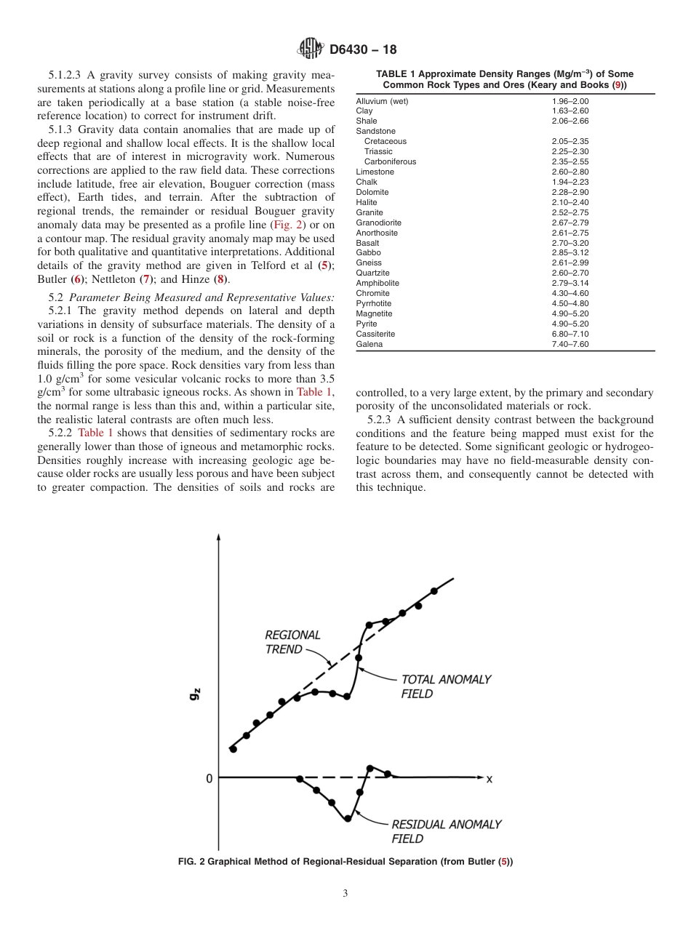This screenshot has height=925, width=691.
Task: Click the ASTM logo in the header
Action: [311, 49]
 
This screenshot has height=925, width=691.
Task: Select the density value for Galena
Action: [570, 344]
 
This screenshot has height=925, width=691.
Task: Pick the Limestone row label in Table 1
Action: [375, 172]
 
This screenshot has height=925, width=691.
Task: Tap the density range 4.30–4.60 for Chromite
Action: [570, 293]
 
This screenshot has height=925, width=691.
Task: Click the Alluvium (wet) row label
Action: [382, 101]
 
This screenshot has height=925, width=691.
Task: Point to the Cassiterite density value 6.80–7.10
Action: [570, 334]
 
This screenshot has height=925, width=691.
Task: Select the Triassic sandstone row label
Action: [378, 151]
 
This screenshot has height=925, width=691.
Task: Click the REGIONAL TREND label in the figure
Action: [292, 642]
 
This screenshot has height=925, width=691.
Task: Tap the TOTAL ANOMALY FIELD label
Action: [445, 686]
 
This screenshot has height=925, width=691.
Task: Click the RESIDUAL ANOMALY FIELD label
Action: [446, 831]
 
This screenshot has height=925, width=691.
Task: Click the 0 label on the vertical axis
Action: [209, 778]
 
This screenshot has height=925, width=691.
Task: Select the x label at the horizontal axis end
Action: [489, 779]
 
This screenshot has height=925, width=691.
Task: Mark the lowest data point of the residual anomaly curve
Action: [348, 818]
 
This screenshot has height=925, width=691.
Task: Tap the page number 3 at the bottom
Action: [345, 894]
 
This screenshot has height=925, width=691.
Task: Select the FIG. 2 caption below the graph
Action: [345, 862]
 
